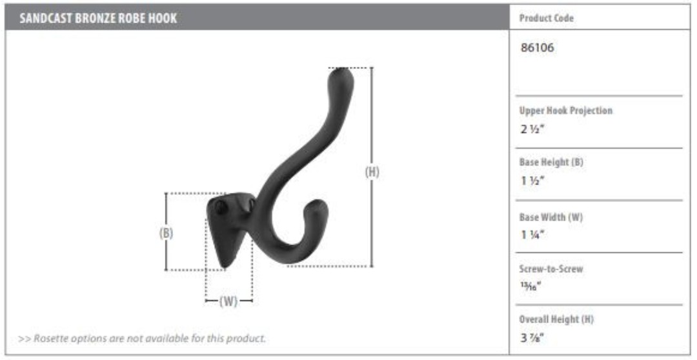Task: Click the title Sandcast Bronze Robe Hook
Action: pos(98,19)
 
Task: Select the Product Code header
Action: pos(547,18)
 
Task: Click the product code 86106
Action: pos(537,48)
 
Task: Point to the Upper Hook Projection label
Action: pos(565,111)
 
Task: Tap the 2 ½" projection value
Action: pos(532,131)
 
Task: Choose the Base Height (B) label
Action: pos(551,162)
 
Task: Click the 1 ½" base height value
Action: pos(532,181)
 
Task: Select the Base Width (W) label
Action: pos(551,217)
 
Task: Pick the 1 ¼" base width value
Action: pos(532,235)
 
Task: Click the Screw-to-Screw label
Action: pos(551,269)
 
